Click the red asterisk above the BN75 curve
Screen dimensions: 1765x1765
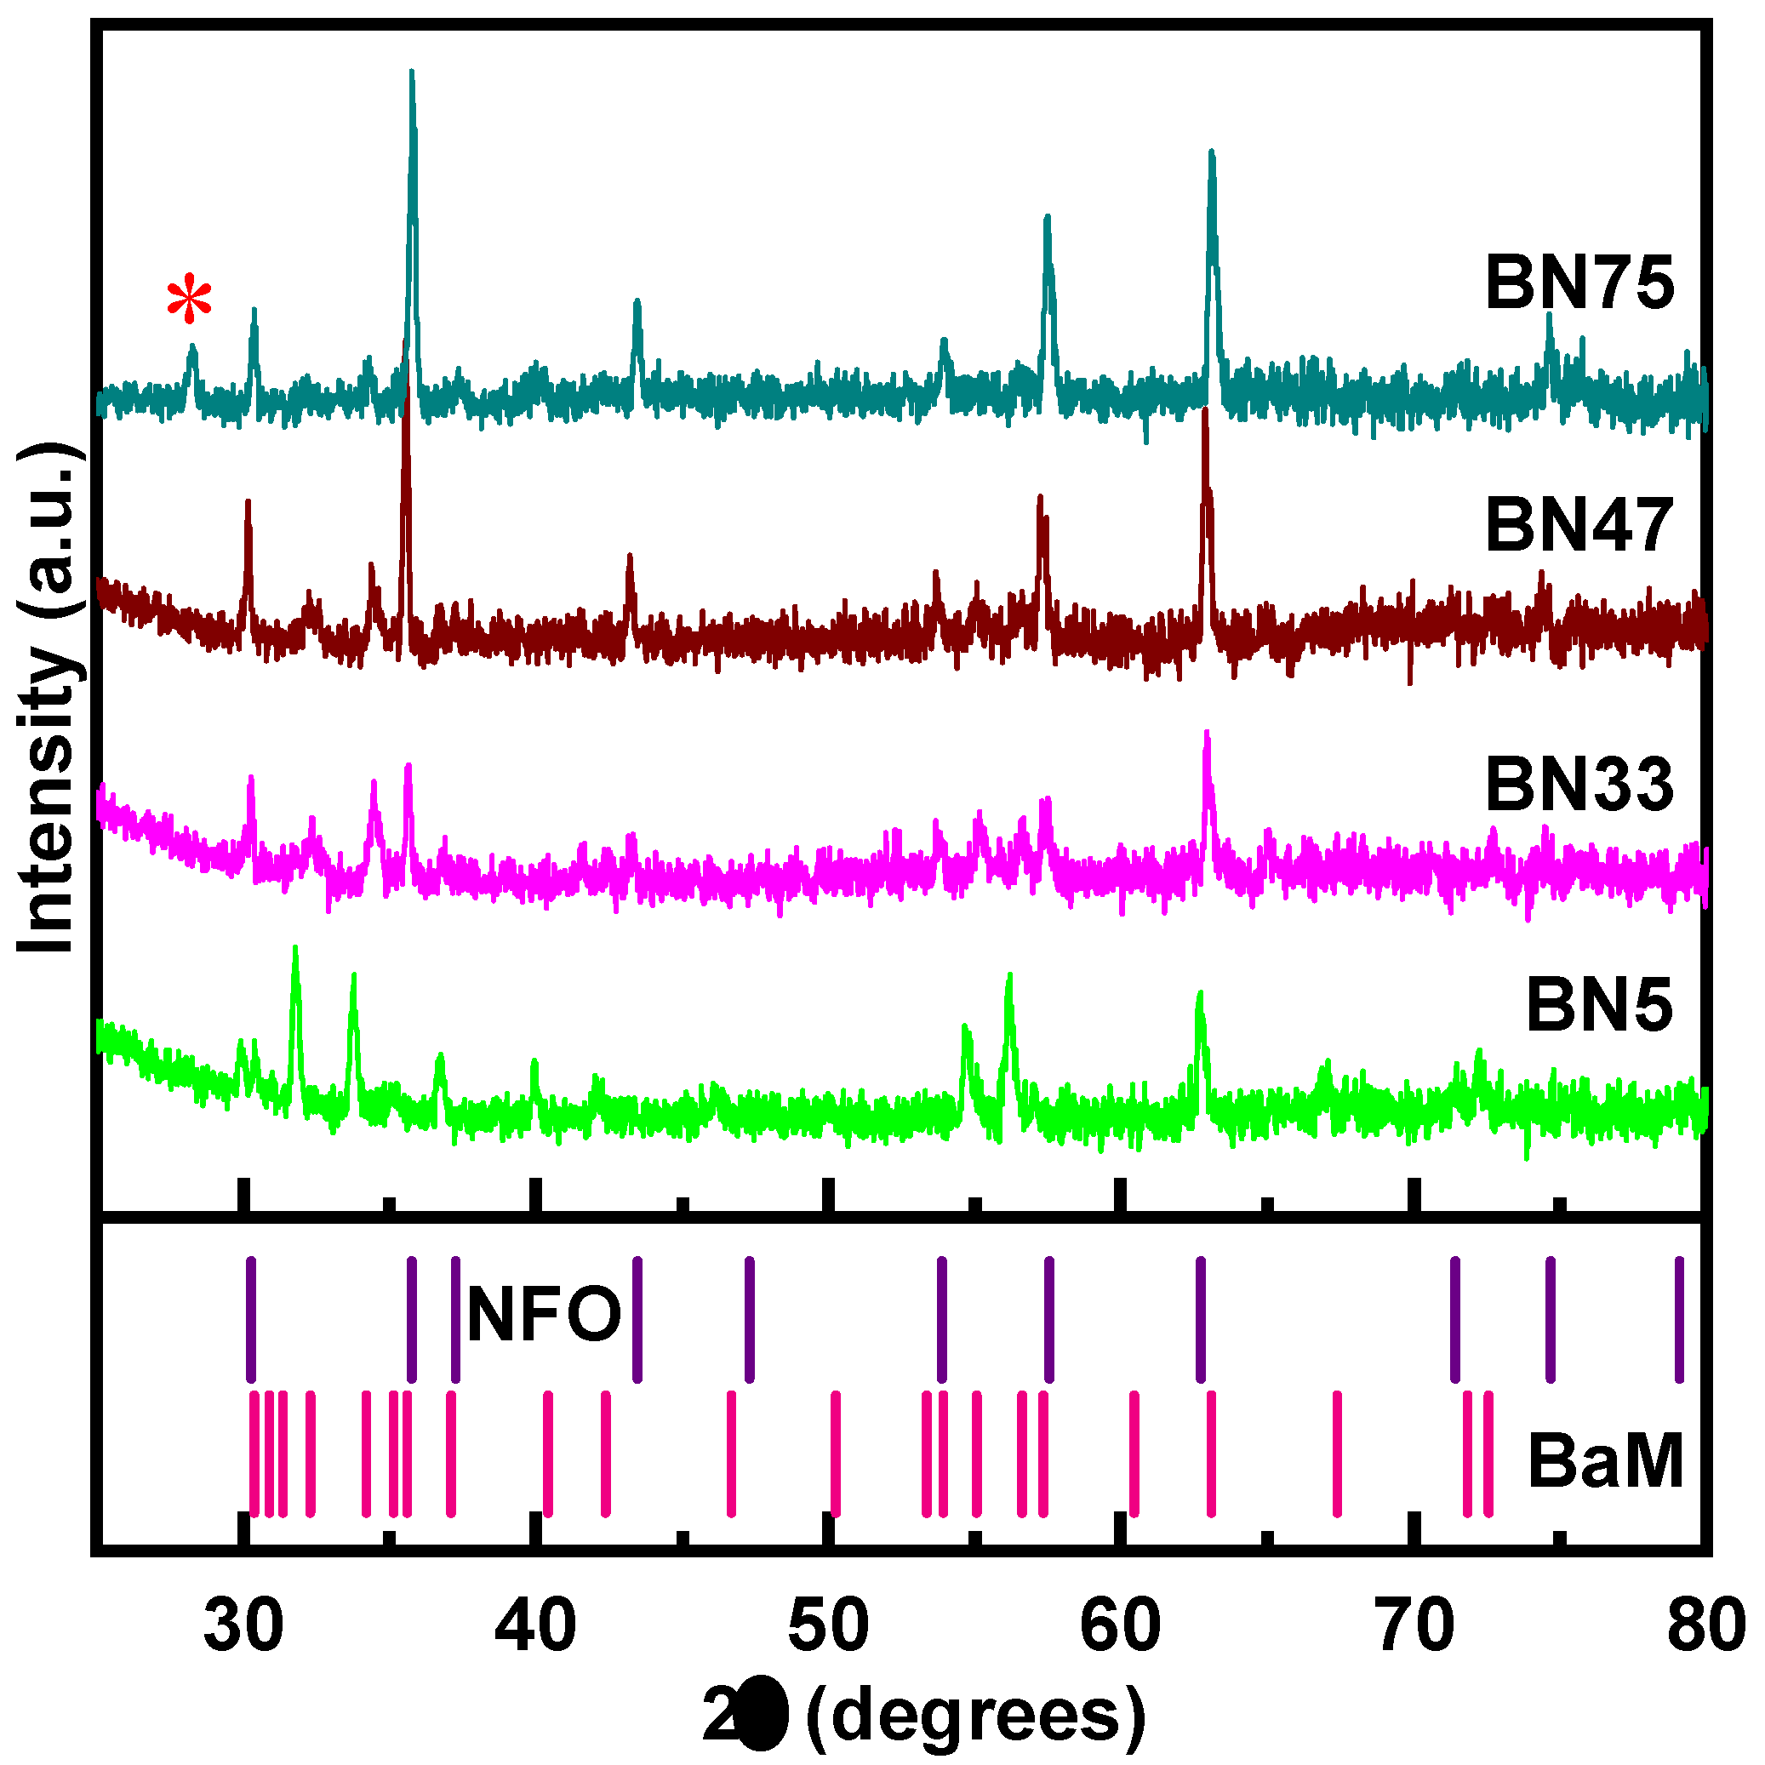(189, 300)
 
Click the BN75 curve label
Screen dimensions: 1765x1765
(1579, 283)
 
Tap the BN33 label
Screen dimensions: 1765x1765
(1579, 784)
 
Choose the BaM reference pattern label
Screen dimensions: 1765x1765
(1605, 1462)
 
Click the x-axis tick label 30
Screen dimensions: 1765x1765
(243, 1627)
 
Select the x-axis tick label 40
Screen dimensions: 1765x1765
(535, 1627)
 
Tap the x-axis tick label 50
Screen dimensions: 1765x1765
(828, 1627)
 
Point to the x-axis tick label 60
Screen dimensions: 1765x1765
(1120, 1627)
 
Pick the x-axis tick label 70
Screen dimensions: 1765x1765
(1414, 1627)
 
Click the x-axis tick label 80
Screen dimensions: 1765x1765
(1705, 1627)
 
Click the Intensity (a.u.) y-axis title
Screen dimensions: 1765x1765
(48, 699)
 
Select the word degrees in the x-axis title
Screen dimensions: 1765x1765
(975, 1716)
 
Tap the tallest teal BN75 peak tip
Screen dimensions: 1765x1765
(412, 73)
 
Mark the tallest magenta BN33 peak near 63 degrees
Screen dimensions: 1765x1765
(1207, 734)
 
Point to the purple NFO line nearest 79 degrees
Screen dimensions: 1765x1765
(1679, 1319)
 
